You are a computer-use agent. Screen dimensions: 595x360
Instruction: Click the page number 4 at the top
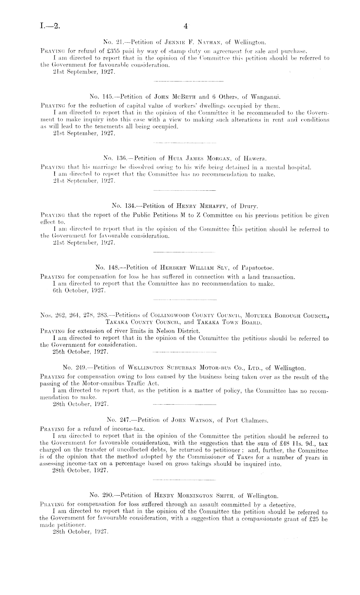click(185, 27)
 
